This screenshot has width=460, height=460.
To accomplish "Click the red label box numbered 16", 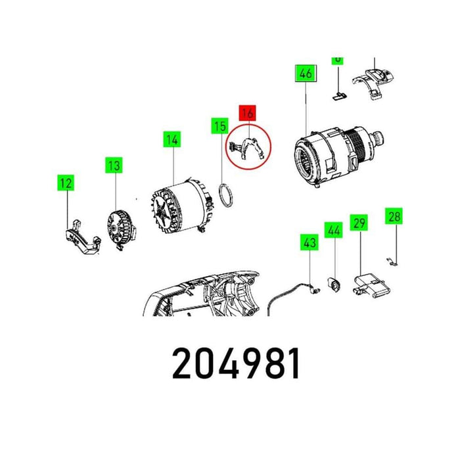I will click(248, 113).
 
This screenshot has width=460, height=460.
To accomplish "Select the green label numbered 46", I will click(306, 74).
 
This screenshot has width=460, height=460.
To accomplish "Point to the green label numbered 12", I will click(66, 184).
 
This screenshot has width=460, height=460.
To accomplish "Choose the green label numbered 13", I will click(115, 165).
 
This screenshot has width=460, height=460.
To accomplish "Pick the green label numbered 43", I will click(309, 242).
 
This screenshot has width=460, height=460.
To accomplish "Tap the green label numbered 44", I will click(333, 231).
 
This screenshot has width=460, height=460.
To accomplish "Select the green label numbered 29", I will click(358, 224).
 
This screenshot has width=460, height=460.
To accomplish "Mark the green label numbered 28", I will click(394, 216).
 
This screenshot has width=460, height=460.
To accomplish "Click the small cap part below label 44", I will click(334, 285).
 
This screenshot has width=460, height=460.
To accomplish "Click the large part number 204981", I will click(236, 363).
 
